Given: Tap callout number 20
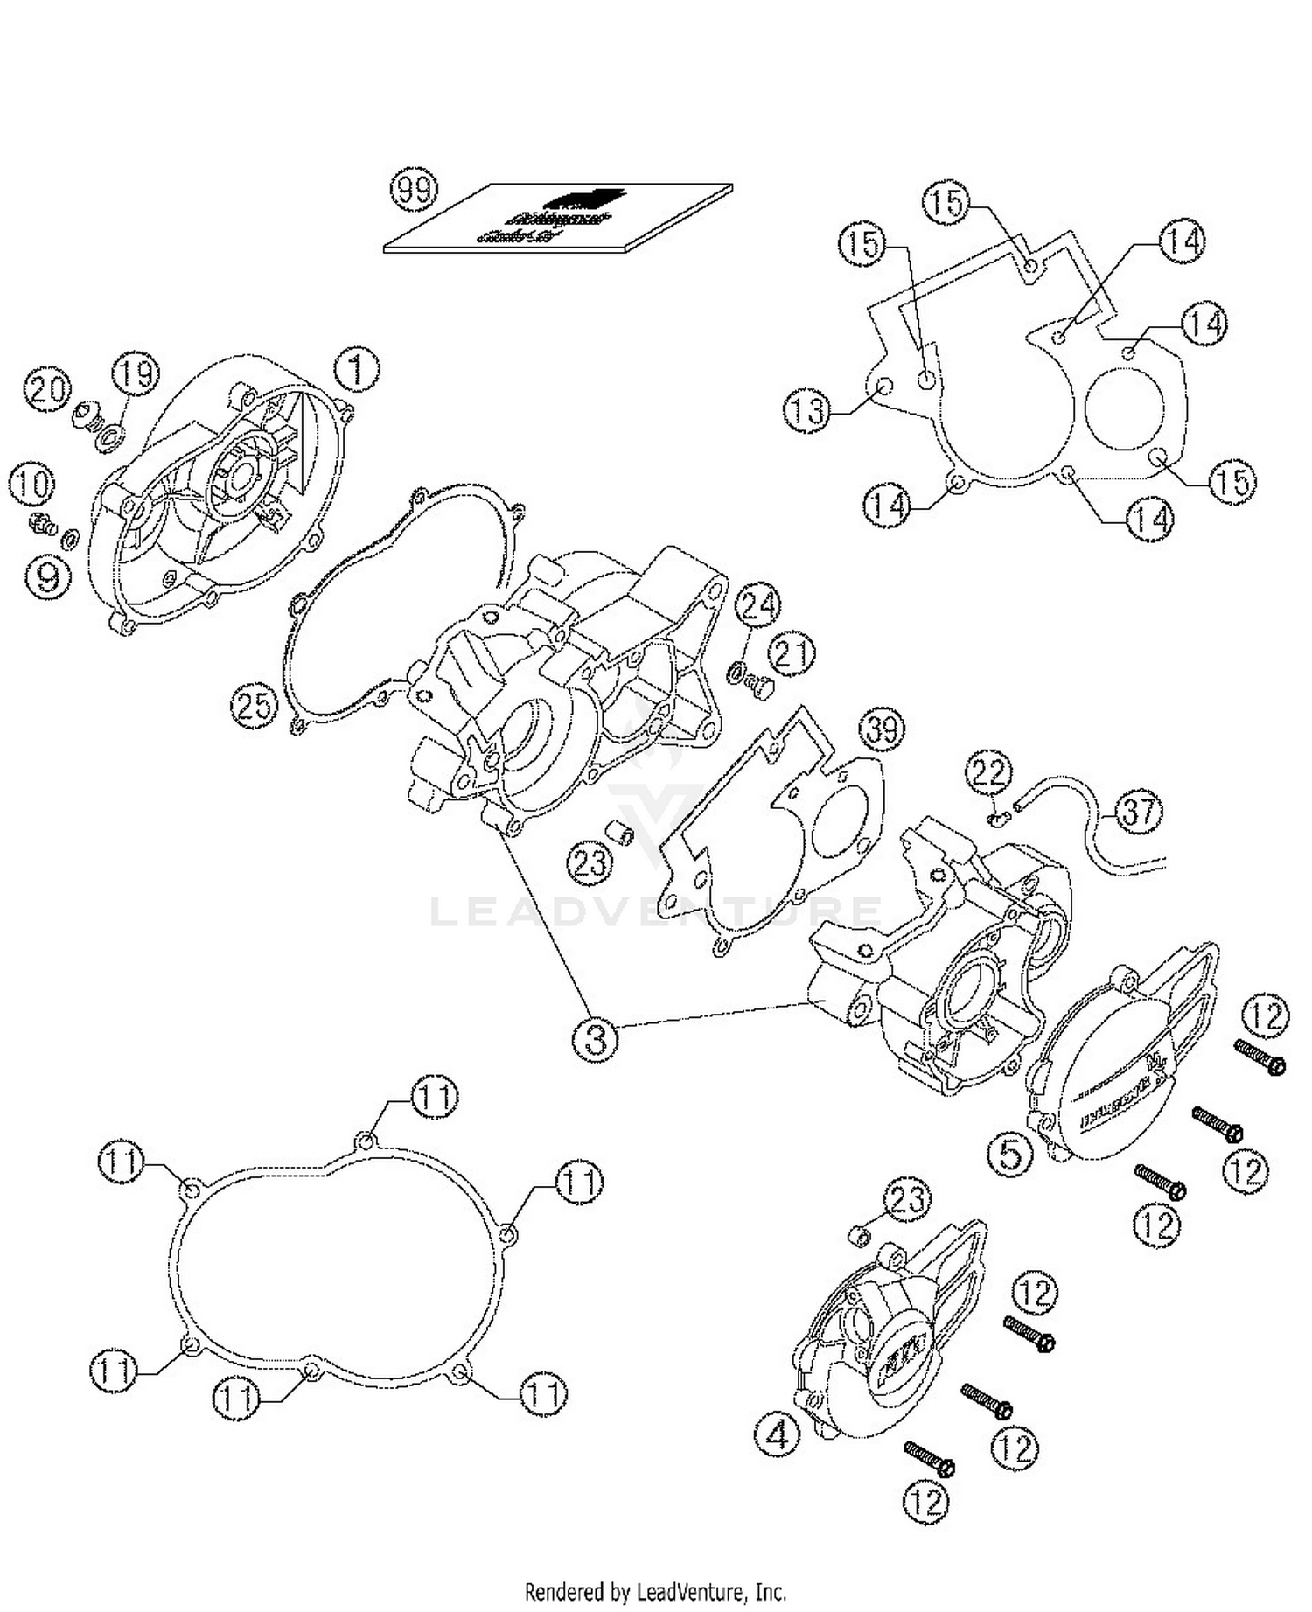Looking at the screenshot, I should click(x=45, y=387).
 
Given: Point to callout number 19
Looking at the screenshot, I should click(x=136, y=374).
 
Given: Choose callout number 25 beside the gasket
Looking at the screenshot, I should click(x=255, y=704).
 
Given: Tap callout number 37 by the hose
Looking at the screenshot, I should click(x=1138, y=811).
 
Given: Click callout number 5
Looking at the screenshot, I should click(x=1010, y=1154).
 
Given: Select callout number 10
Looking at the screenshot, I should click(x=31, y=485).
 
